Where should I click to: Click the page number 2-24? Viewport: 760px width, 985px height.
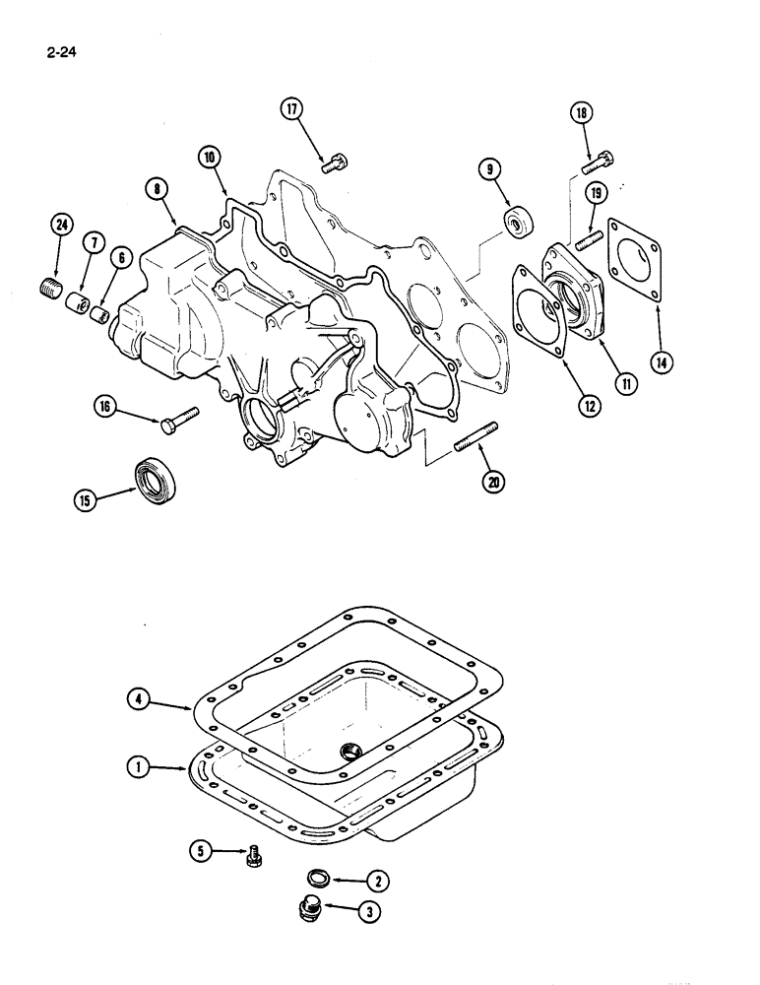coord(59,45)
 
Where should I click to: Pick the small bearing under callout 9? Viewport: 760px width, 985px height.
coord(517,223)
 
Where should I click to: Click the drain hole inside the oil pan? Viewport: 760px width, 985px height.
coord(349,753)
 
